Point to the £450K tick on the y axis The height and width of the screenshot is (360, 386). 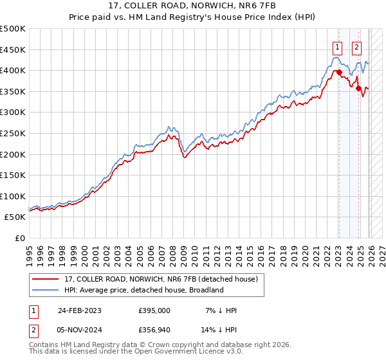coord(13,50)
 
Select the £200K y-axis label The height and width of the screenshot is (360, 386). coord(13,154)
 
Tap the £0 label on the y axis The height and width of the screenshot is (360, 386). coord(19,238)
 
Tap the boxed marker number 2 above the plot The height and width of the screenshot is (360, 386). coord(356,46)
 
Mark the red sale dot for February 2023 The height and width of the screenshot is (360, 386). coord(339,73)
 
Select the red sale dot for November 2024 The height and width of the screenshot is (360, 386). coord(359,89)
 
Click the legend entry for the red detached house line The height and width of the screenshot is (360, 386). coord(161,279)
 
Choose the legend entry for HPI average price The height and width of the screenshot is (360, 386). coord(143,290)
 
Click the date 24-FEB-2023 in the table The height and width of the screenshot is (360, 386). coord(79,310)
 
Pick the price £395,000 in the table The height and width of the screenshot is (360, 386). coord(154,310)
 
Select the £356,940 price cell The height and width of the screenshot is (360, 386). coord(154,332)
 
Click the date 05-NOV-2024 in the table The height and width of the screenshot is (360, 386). coord(79,332)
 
